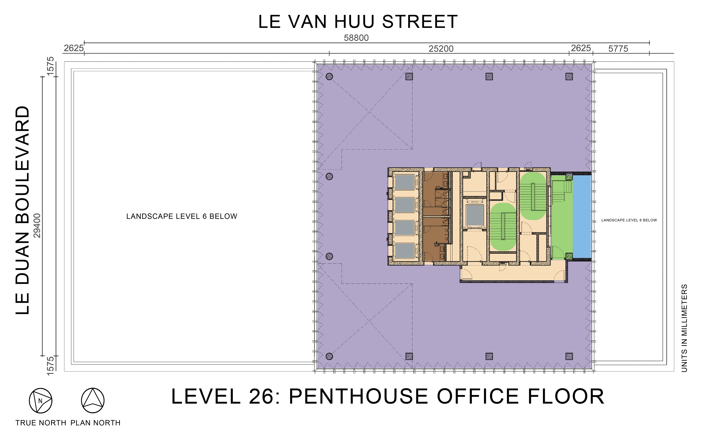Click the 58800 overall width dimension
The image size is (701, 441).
356,38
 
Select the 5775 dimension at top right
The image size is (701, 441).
618,49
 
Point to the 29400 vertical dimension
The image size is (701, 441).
37,226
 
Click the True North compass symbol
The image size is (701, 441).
40,401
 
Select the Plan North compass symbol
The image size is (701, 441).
93,401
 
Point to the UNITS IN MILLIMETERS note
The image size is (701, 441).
684,328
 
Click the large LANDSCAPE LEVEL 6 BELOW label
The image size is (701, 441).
182,216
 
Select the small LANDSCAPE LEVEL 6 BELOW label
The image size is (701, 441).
629,220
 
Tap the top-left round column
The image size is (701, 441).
329,77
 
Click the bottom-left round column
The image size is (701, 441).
329,356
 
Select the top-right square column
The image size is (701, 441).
569,77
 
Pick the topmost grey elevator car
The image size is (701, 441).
404,182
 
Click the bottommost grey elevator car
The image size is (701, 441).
404,251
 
